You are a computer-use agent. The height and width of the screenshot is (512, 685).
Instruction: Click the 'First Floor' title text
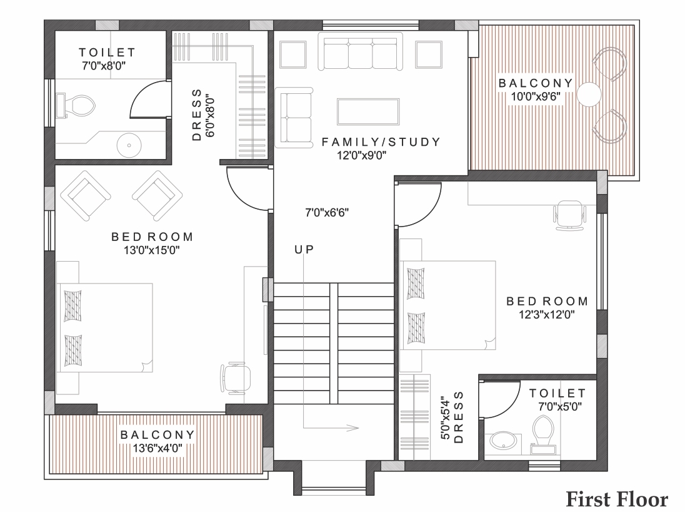pos(617,499)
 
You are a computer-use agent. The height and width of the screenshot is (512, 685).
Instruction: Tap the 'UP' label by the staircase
pos(304,250)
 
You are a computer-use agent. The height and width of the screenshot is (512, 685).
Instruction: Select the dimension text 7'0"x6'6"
pos(327,213)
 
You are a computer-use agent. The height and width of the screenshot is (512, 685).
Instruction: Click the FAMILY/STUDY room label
pos(381,142)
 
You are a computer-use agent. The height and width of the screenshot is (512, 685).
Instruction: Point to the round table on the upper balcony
pos(589,94)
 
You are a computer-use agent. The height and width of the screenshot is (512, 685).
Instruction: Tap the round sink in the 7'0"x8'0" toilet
pos(129,145)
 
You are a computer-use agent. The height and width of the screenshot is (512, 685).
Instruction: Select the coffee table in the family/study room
pos(368,111)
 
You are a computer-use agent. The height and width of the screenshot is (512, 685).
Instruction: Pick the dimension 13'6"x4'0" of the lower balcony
pos(157,448)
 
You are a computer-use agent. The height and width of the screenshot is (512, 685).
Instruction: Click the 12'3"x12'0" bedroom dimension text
pos(546,314)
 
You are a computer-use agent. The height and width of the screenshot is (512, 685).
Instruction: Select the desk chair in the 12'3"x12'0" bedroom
pos(569,215)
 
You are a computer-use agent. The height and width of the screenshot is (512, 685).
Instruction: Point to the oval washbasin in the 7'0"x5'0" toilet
pos(503,440)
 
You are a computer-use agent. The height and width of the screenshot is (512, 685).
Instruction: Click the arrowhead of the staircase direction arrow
pos(353,428)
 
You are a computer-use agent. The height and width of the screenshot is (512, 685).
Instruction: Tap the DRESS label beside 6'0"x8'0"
pos(197,115)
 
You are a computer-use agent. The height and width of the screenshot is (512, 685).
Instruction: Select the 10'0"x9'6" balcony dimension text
pos(536,96)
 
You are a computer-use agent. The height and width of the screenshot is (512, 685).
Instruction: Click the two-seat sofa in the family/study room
pos(294,117)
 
